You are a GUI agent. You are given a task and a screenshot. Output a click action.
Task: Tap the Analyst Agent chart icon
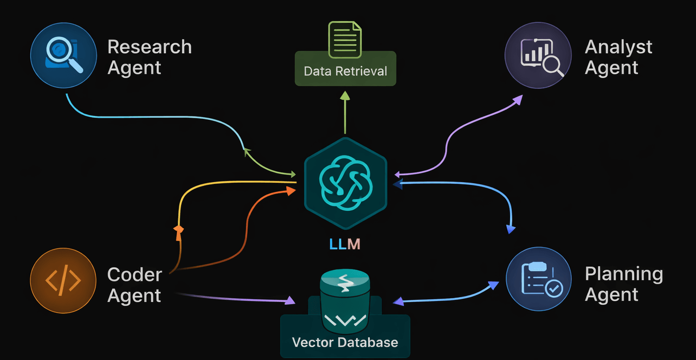[x=537, y=56]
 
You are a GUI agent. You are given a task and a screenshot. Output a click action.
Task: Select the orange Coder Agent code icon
[x=63, y=280]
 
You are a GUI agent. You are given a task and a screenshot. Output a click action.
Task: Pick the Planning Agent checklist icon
[x=538, y=279]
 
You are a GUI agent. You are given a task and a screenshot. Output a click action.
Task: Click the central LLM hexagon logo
[x=345, y=183]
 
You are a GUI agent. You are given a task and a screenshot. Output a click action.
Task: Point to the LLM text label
[x=345, y=244]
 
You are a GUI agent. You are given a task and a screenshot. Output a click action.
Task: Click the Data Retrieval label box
[x=345, y=71]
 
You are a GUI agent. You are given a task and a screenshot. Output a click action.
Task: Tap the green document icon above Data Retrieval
[x=345, y=39]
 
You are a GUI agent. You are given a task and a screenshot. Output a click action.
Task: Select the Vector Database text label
[x=345, y=342]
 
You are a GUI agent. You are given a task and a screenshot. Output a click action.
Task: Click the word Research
[x=150, y=47]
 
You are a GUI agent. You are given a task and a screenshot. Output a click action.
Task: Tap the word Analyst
[x=618, y=47]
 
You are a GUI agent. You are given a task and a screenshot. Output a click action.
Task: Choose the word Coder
[x=134, y=274]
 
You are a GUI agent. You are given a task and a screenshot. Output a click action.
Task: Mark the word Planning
[x=624, y=274]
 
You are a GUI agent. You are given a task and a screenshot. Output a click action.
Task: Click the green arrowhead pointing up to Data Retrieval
[x=345, y=96]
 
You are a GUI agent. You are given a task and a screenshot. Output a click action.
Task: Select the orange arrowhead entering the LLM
[x=292, y=191]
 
